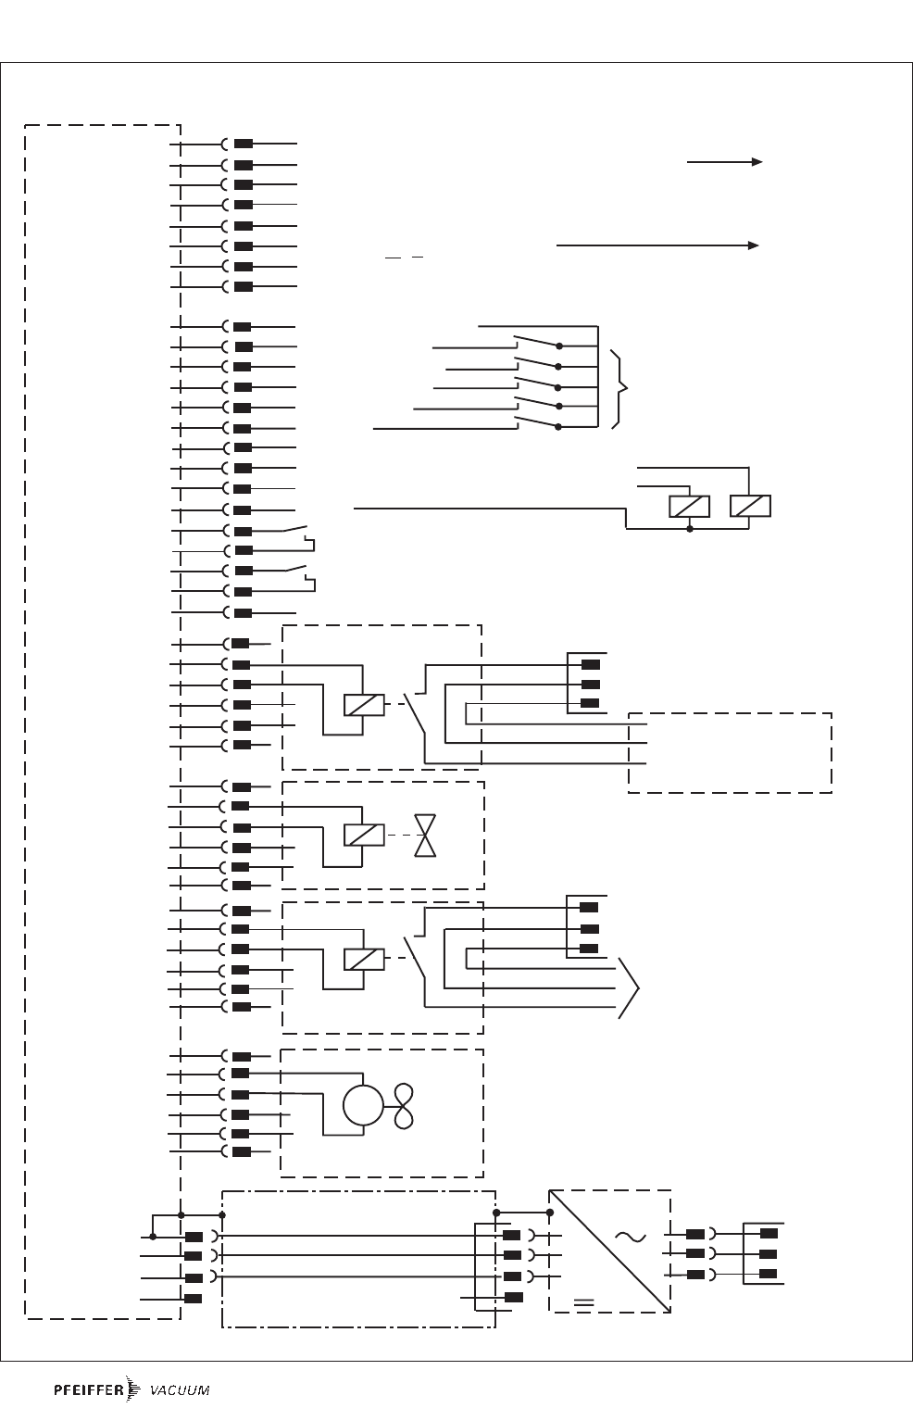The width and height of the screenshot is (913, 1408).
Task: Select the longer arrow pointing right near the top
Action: (657, 245)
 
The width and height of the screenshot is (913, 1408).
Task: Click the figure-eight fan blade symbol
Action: (403, 1105)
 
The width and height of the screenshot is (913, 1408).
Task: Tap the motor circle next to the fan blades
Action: (362, 1105)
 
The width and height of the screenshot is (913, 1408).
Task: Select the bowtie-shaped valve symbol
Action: (425, 836)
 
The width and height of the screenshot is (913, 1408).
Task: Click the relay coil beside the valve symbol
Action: (364, 836)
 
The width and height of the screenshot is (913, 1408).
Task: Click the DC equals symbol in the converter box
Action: (583, 1301)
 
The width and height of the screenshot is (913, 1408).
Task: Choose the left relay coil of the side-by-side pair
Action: (689, 507)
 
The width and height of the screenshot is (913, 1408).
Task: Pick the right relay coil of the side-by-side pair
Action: (750, 507)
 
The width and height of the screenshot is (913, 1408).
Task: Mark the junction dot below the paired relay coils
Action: (689, 529)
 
